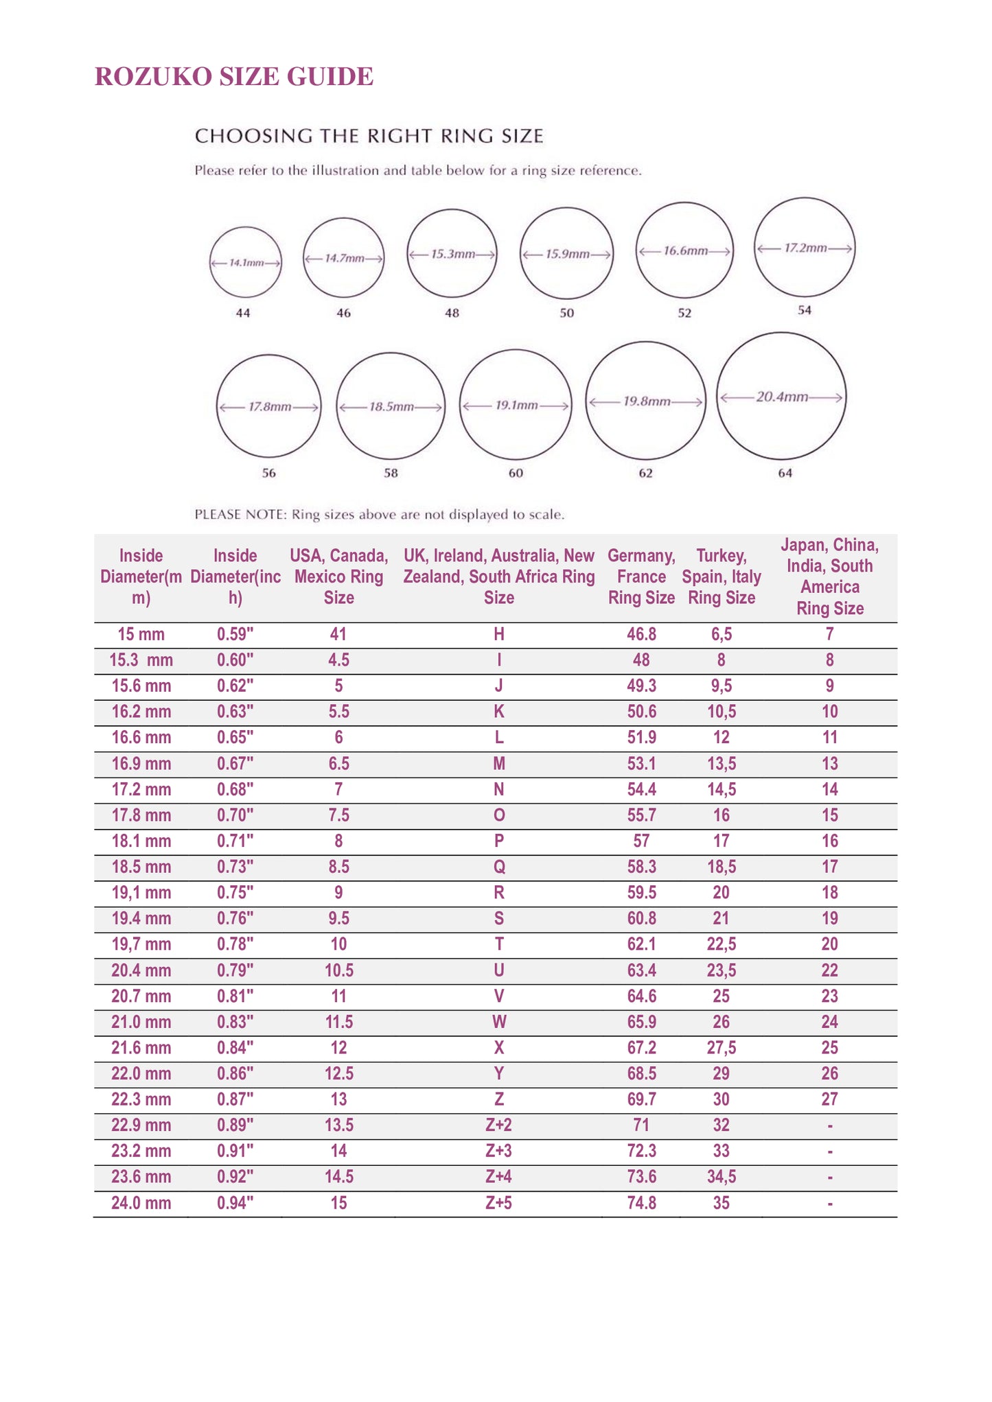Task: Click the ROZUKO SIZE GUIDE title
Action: click(233, 77)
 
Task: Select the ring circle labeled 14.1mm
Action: click(245, 263)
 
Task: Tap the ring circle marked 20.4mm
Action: click(781, 397)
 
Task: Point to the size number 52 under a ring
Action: click(684, 313)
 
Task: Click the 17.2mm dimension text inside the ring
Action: click(805, 248)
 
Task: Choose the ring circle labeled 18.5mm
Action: click(391, 406)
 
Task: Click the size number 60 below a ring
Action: click(516, 473)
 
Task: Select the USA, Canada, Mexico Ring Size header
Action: click(338, 576)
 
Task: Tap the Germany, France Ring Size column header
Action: click(641, 576)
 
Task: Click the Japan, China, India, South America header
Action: click(829, 576)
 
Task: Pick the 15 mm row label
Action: click(141, 635)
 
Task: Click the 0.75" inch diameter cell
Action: click(235, 893)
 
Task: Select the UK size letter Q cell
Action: click(499, 867)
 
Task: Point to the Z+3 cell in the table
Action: click(499, 1152)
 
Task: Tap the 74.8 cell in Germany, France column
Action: click(641, 1203)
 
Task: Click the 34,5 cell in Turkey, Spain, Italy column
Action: click(722, 1178)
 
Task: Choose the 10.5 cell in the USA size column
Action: click(338, 970)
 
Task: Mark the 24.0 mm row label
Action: click(141, 1203)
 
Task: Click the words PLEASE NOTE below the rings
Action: click(240, 515)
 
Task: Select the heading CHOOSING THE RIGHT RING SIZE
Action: click(369, 136)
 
